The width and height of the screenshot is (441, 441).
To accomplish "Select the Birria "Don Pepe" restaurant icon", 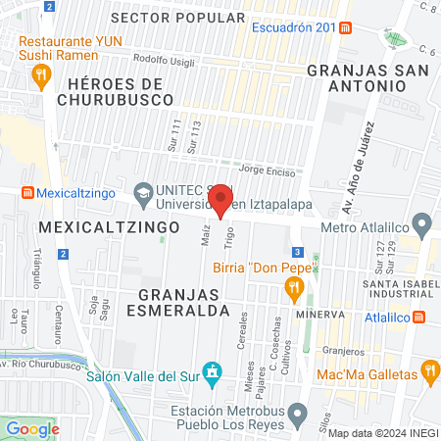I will click(291, 288).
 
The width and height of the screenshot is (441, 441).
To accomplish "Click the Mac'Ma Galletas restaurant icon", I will click(428, 371).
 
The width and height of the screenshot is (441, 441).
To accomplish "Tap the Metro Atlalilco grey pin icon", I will click(422, 227).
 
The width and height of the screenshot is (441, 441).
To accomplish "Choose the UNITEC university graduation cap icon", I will click(143, 192).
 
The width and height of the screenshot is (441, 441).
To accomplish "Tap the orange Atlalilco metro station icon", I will click(418, 318).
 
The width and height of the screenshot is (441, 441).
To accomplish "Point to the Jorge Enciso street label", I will click(260, 170).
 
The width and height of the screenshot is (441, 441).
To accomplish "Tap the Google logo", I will click(32, 428).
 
